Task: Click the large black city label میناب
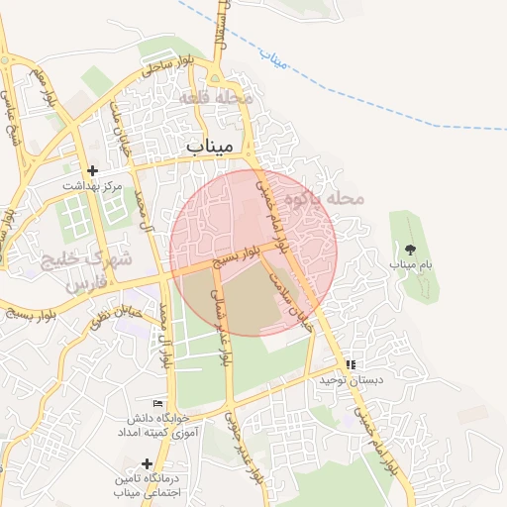click(209, 146)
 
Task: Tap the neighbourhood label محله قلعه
click(217, 99)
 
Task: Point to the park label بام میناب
click(412, 265)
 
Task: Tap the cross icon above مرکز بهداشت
click(92, 170)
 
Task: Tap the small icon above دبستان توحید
click(352, 364)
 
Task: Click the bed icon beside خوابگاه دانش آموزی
click(157, 402)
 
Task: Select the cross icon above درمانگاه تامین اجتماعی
click(147, 462)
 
